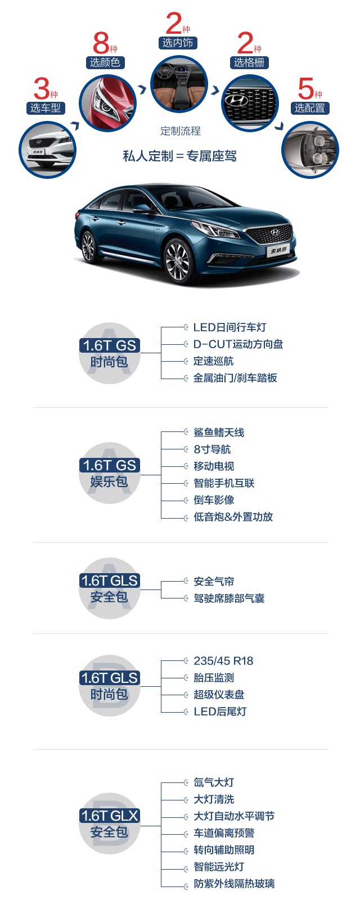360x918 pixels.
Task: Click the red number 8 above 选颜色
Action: coord(101,43)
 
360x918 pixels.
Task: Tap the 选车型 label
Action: coord(46,108)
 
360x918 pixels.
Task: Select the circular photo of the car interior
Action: coord(179,84)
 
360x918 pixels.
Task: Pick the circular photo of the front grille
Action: coord(250,103)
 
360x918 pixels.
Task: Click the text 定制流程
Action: coord(180,131)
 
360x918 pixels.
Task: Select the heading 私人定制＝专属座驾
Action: coord(180,156)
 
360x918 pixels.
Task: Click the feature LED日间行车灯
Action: coord(229,327)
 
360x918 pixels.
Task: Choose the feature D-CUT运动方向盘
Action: coord(238,344)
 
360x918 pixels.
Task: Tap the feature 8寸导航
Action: coord(212,449)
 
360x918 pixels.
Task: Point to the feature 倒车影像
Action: coord(214,500)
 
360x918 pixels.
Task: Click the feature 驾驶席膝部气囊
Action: coord(229,598)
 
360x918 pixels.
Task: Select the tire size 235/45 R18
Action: coord(223,661)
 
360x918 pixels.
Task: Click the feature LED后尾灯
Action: coord(220,712)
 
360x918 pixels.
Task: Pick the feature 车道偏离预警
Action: coord(224,833)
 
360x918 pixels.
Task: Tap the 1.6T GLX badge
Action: coord(109,816)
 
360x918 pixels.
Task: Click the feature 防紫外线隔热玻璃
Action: coord(234,884)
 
